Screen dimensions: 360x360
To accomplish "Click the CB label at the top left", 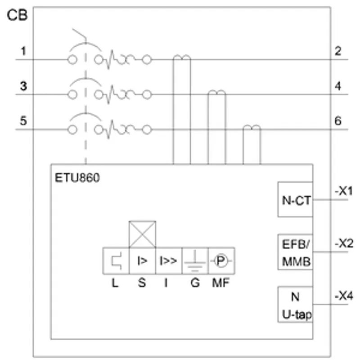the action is click(17, 15).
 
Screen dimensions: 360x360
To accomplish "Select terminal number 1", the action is click(23, 51).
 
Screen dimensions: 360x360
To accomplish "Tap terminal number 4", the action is click(338, 86).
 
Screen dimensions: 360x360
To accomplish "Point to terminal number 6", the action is click(338, 121).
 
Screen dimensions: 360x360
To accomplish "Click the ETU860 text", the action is click(77, 178).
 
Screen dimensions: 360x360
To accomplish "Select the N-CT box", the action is click(295, 199).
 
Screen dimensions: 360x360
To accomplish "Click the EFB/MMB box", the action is click(295, 252).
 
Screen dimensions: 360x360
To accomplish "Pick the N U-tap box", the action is click(295, 305).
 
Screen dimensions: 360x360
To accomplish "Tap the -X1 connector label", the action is click(344, 191).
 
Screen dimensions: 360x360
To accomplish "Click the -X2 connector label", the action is click(344, 243).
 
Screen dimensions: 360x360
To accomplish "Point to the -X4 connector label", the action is click(344, 296).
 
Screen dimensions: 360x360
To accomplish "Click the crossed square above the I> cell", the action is click(142, 234).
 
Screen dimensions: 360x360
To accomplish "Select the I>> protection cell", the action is click(168, 261).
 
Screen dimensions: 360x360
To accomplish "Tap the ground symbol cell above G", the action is click(195, 261).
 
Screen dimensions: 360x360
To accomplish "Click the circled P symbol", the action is click(221, 261).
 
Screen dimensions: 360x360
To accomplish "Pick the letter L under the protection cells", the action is click(115, 283).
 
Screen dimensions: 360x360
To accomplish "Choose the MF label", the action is click(220, 283).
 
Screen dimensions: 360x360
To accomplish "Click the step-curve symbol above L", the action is click(117, 261).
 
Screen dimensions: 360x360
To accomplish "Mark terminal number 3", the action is click(23, 86).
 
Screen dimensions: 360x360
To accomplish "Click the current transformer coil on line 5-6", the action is click(252, 127).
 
